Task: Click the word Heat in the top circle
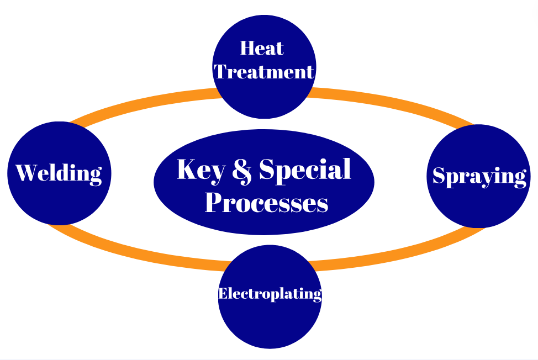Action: coord(262,49)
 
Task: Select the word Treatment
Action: coord(264,72)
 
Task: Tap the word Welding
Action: coord(59,173)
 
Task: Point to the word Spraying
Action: coord(479,176)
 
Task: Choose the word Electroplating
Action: coord(270,294)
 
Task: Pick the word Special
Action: coord(305,170)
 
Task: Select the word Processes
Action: coord(266,203)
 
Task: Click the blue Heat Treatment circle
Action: coord(264,99)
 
